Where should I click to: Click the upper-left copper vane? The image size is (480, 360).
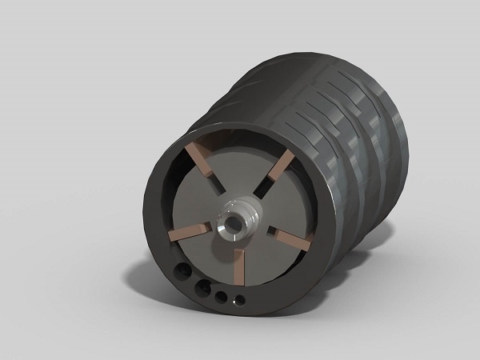tap(200, 163)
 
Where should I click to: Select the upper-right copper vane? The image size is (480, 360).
tap(282, 166)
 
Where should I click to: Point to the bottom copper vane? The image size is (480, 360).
tap(238, 265)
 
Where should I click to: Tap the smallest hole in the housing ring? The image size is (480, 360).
tap(239, 301)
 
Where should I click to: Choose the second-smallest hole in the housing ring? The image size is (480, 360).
tap(222, 295)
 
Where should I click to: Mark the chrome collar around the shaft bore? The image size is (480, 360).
tap(248, 214)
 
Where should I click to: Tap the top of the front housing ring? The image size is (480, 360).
tap(240, 130)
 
